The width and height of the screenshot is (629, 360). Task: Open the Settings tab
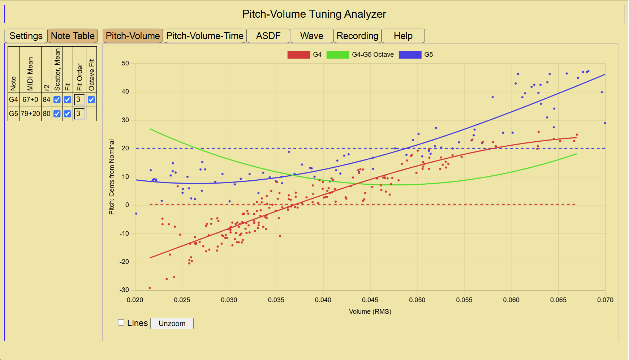(26, 36)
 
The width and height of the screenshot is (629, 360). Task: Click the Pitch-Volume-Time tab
(205, 36)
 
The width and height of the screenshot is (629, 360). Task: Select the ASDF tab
(268, 36)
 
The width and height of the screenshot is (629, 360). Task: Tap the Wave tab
(312, 36)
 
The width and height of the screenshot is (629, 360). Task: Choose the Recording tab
(357, 36)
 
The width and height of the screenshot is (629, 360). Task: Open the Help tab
(403, 36)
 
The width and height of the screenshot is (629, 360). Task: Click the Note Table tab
(73, 36)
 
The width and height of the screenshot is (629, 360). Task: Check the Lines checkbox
(121, 322)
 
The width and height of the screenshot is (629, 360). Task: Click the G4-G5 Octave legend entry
(360, 55)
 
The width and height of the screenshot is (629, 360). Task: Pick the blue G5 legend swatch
(410, 55)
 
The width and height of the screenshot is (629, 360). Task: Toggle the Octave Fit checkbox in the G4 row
(91, 99)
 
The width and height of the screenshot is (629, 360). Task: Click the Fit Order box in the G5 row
(79, 114)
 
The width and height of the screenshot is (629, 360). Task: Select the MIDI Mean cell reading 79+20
(30, 113)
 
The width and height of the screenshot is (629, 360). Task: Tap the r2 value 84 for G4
(47, 99)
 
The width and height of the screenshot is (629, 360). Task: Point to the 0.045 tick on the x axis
(370, 300)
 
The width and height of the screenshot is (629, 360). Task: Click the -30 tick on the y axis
(124, 290)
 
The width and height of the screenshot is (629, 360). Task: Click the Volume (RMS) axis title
(370, 312)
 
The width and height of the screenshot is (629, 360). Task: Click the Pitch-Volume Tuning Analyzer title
(314, 14)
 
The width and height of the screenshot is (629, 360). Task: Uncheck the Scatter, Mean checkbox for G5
(57, 113)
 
